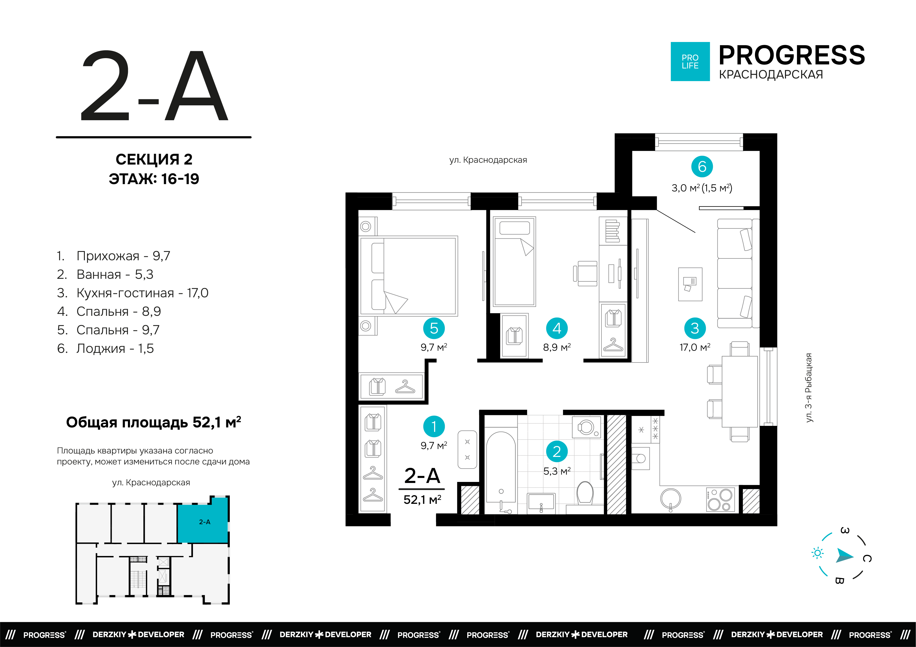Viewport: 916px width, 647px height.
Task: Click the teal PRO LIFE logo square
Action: [690, 61]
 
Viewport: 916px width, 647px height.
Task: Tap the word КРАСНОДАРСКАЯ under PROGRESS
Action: [771, 75]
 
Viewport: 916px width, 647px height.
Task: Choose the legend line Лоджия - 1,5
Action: [105, 348]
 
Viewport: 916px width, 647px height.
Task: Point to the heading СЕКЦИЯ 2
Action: [154, 159]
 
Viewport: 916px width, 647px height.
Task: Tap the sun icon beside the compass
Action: [818, 553]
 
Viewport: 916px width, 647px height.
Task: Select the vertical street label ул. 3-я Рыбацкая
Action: [809, 388]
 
